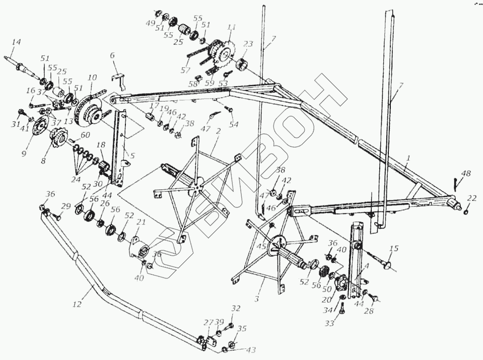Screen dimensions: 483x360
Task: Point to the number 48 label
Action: click(x=466, y=174)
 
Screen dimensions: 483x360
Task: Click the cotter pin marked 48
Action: click(x=456, y=181)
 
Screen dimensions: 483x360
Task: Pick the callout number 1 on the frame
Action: click(x=408, y=158)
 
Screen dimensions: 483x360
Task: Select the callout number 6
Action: click(x=112, y=55)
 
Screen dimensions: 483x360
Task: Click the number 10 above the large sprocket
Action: click(x=92, y=78)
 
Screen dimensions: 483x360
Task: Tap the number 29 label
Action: click(x=66, y=206)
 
